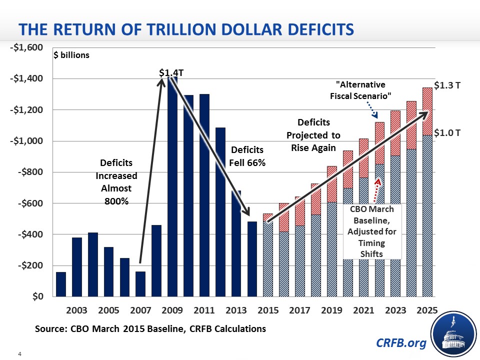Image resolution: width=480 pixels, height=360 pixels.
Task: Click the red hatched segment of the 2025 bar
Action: pyautogui.click(x=427, y=111)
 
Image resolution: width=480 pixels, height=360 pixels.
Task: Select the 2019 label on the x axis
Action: pyautogui.click(x=331, y=310)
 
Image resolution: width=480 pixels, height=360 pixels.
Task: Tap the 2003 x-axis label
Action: pyautogui.click(x=76, y=310)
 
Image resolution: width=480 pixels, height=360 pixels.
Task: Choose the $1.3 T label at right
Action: pyautogui.click(x=446, y=85)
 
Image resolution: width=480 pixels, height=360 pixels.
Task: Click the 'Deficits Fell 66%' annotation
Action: pyautogui.click(x=246, y=156)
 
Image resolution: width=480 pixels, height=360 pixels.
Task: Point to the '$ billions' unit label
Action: pyautogui.click(x=71, y=55)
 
